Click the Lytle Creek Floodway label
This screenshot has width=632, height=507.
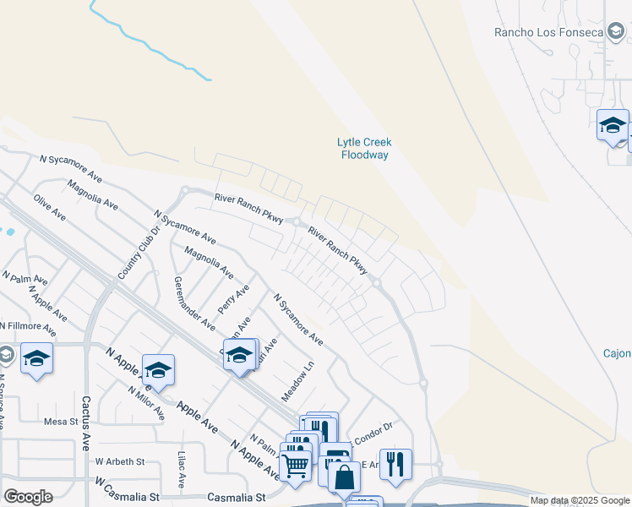coord(364,149)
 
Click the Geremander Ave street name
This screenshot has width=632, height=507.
coord(194,303)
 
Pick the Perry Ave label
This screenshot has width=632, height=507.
coord(233,300)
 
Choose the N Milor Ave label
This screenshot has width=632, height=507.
coord(146,403)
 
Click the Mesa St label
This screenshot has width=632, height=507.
coord(60,421)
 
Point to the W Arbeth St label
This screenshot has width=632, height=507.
coord(120,462)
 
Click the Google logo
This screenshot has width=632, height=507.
coord(28,496)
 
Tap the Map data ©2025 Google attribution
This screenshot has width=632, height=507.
coord(579,500)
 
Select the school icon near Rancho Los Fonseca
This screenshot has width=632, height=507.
coord(612,126)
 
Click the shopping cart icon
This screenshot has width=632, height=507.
coord(295,463)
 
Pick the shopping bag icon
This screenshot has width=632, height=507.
coord(344,477)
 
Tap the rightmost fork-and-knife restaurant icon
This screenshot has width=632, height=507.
coord(395,464)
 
